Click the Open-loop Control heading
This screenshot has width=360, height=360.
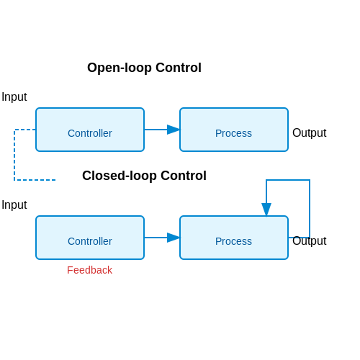click(x=144, y=68)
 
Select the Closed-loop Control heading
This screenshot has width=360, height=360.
click(x=144, y=176)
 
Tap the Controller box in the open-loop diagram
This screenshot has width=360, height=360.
click(x=90, y=130)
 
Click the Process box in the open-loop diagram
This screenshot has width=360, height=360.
click(x=234, y=130)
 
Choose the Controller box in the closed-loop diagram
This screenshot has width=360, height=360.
click(x=90, y=238)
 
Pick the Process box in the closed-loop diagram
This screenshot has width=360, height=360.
click(x=234, y=238)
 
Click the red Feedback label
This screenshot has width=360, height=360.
click(x=89, y=270)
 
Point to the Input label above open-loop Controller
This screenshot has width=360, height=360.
click(x=14, y=97)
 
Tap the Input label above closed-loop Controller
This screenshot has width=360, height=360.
click(x=14, y=205)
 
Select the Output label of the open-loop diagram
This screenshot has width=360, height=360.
click(x=310, y=132)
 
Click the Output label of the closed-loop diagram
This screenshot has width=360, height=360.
click(x=310, y=240)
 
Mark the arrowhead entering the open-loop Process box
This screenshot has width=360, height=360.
click(x=174, y=130)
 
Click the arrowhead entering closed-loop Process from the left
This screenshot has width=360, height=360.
click(x=174, y=238)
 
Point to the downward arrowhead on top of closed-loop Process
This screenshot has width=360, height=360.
click(x=266, y=210)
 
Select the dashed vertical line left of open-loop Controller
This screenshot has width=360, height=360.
click(x=14, y=155)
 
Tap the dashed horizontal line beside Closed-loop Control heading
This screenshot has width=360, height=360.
click(x=35, y=180)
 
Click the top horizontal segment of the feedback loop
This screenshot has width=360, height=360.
click(x=288, y=180)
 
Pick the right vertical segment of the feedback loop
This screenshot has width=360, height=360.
click(x=310, y=209)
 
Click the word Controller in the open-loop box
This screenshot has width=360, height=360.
click(x=90, y=133)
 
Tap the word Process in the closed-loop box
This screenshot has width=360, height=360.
click(x=233, y=241)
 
